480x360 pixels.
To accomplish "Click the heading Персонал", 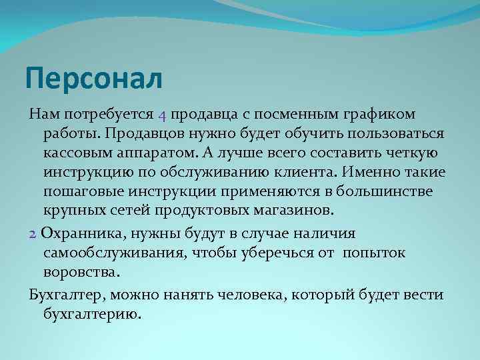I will point(93,79).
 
